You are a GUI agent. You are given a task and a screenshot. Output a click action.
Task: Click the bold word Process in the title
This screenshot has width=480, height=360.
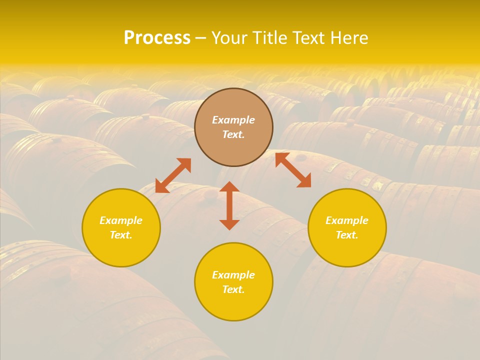[157, 38]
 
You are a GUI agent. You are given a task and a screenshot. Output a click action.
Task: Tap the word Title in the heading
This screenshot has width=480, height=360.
[272, 38]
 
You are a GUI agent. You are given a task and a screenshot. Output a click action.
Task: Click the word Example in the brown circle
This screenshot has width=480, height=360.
[233, 120]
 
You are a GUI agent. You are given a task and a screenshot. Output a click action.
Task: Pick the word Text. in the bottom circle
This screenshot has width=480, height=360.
[233, 289]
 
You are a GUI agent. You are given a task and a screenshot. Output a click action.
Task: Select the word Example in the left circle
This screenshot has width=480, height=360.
[121, 220]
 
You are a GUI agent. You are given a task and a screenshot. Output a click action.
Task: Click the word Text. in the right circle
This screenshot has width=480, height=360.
[347, 235]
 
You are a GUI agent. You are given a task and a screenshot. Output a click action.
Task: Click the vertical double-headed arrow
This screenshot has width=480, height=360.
[229, 205]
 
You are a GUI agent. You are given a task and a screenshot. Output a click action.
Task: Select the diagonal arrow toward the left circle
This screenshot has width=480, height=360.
[173, 175]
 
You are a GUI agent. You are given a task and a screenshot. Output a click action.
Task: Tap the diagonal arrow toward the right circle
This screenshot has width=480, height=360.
[293, 170]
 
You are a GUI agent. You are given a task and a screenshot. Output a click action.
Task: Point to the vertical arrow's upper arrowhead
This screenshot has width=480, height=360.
[229, 187]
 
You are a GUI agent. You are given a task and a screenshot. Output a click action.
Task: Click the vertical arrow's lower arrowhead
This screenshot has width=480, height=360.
[229, 224]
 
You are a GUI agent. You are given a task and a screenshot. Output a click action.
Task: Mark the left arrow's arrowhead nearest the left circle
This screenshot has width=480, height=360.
[161, 186]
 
